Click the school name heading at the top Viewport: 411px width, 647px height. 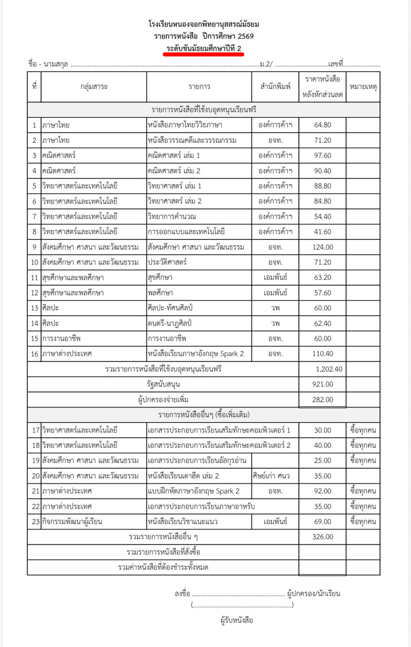click(204, 25)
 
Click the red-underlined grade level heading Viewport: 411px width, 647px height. click(204, 49)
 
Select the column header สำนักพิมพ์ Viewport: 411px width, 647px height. click(276, 86)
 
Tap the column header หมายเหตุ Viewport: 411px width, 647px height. click(363, 86)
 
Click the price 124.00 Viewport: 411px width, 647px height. click(322, 247)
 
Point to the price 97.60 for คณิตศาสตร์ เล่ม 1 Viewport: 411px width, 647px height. click(322, 156)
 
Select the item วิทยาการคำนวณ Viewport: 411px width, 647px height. click(172, 216)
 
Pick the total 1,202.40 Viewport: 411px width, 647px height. click(329, 369)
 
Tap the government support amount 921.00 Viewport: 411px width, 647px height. click(322, 385)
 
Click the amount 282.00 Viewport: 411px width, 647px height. click(322, 400)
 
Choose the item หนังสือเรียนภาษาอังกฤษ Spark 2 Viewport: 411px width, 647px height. click(196, 354)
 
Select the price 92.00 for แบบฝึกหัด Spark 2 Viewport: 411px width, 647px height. click(322, 491)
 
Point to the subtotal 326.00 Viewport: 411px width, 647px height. click(322, 537)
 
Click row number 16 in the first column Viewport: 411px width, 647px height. click(34, 354)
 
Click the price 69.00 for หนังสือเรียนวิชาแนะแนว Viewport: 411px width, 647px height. click(322, 522)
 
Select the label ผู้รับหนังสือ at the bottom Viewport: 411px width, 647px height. click(237, 620)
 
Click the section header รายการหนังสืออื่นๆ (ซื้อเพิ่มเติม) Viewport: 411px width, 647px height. click(204, 415)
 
